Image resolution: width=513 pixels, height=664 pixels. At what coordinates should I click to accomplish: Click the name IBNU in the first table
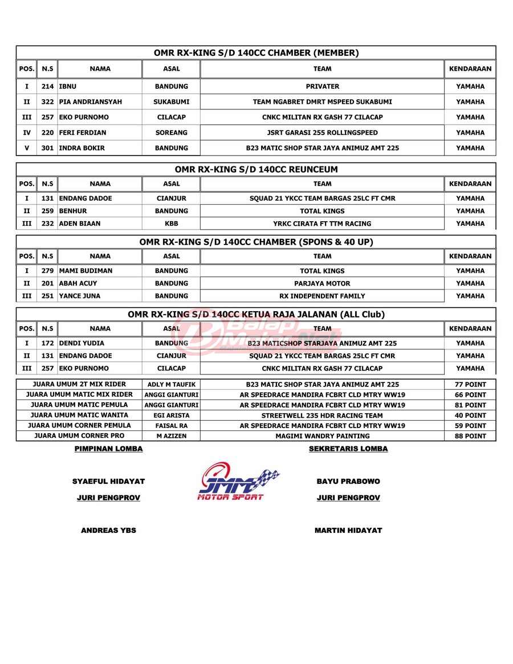(68, 87)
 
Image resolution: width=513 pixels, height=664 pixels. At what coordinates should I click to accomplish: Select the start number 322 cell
(47, 102)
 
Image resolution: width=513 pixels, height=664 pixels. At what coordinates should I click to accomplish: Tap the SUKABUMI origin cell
(171, 102)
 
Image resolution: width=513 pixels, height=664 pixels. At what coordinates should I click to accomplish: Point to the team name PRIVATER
(322, 87)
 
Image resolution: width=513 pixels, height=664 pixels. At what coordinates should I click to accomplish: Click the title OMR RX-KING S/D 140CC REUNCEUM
(256, 169)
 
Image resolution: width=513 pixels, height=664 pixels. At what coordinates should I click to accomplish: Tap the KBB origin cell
(171, 223)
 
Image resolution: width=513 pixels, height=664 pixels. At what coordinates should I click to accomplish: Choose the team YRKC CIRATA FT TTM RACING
(322, 223)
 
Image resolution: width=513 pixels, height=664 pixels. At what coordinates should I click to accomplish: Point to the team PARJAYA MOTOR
(322, 283)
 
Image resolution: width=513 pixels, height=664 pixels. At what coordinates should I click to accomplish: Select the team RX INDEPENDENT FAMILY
(322, 296)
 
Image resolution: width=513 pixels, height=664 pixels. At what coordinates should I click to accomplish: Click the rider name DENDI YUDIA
(82, 343)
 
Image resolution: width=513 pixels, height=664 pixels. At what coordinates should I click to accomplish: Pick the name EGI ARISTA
(171, 415)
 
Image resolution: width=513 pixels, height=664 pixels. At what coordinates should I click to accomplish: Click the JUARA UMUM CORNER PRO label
(80, 436)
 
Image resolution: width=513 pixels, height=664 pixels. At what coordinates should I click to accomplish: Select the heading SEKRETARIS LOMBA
(348, 449)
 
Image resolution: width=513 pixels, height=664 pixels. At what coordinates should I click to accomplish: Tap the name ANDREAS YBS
(109, 530)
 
